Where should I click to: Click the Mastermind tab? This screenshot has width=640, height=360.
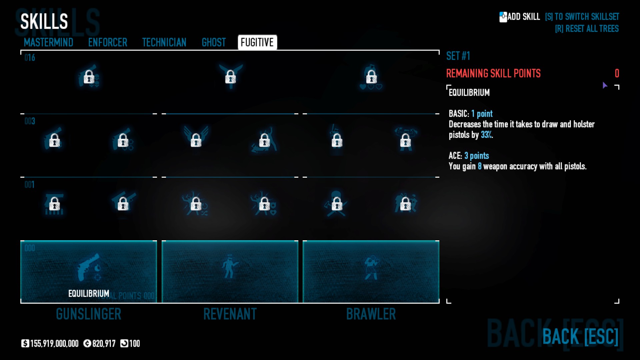point(48,43)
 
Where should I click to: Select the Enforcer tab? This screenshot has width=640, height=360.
point(108,43)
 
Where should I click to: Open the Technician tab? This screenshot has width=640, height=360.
point(164,43)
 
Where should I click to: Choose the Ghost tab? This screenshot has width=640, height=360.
point(214,43)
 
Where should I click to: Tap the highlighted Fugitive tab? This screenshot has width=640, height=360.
point(257,43)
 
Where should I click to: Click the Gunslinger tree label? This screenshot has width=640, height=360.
point(89,314)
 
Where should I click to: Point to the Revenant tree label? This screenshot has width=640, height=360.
point(230,314)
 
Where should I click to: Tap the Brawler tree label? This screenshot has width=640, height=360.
point(371,314)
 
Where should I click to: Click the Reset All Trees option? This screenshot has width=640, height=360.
point(587,29)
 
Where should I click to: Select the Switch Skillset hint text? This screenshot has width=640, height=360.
point(582,17)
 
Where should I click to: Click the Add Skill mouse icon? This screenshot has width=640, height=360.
point(503,17)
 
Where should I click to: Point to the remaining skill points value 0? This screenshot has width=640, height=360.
point(617,73)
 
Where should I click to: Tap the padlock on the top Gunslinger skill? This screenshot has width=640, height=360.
point(89,77)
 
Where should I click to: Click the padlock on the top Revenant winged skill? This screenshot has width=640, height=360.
point(230,77)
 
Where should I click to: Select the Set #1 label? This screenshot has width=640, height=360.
point(458,56)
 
